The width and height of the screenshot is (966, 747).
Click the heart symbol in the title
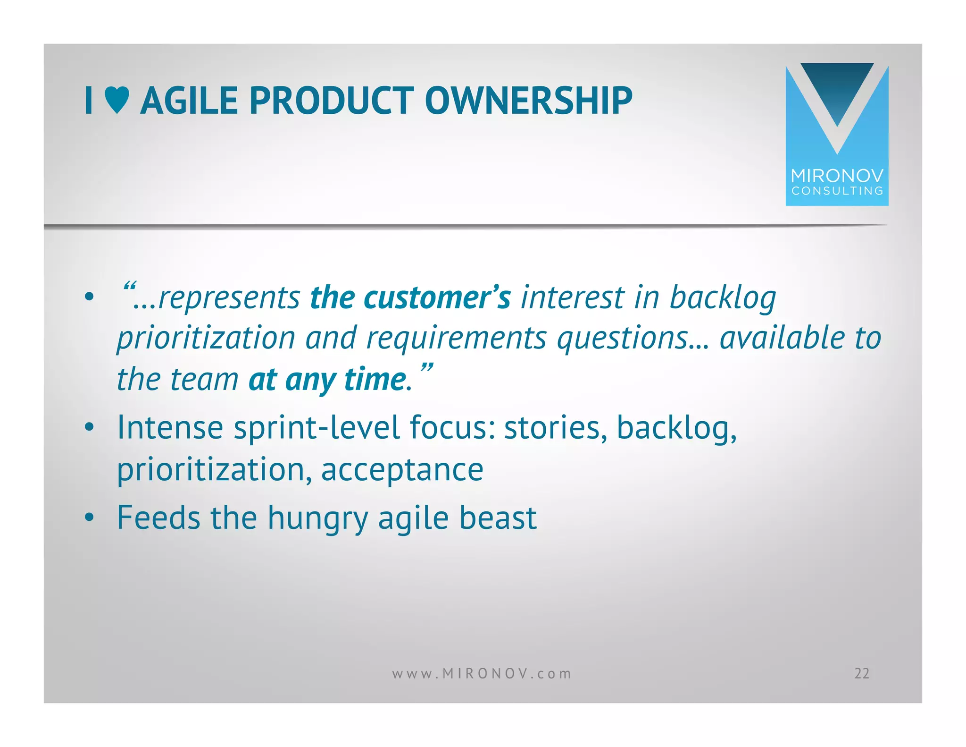pos(117,101)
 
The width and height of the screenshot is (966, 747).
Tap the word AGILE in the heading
pos(189,101)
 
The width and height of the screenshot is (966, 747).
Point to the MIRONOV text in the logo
pos(837,176)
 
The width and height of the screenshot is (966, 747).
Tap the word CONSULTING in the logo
pos(837,191)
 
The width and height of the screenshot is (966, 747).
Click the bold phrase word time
pos(375,380)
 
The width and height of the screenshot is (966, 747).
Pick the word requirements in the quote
pos(456,339)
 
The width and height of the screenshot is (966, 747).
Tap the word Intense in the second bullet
pos(170,427)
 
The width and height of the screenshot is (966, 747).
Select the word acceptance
pos(402,470)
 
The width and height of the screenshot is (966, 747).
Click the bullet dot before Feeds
pos(89,518)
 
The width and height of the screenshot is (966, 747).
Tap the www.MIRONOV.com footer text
pos(482,673)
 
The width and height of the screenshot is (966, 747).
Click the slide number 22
pos(861,673)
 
